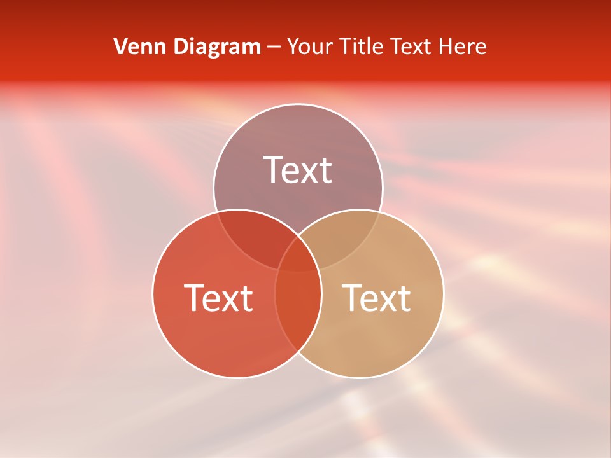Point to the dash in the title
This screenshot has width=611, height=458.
(x=275, y=47)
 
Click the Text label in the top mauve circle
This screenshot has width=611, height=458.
(x=298, y=170)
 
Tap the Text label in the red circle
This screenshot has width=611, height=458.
(x=218, y=298)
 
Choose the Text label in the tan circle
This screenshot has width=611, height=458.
(x=377, y=298)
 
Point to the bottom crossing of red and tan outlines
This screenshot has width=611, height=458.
(x=298, y=351)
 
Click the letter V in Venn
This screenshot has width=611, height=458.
(x=120, y=46)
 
